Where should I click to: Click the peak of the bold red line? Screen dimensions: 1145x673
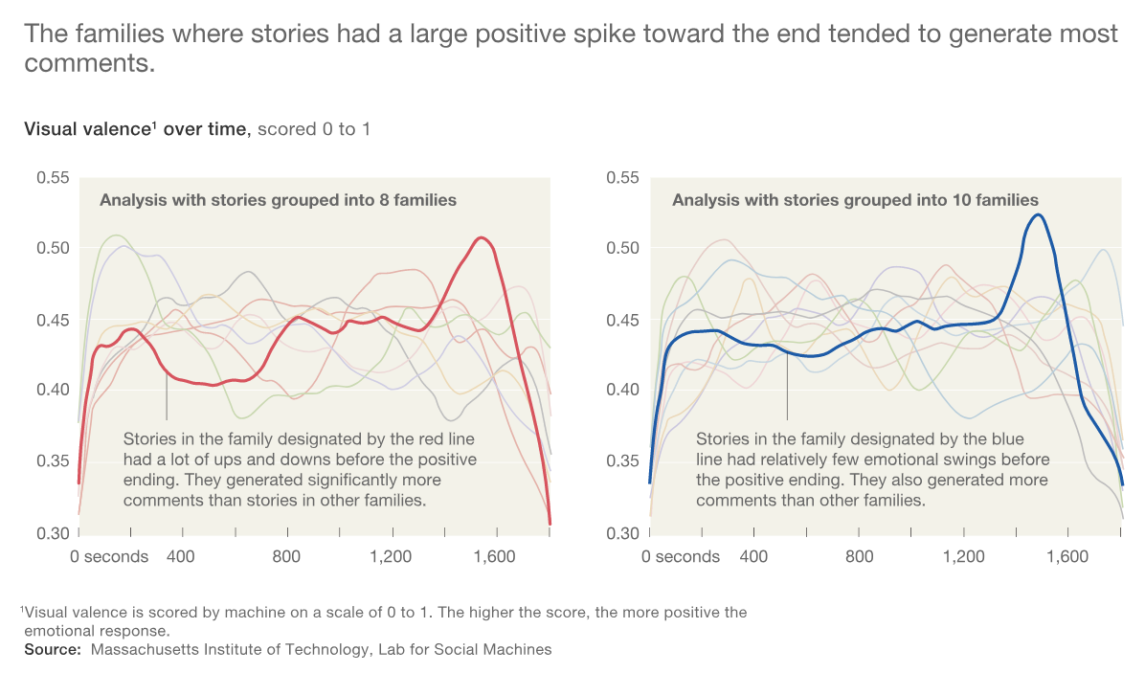pos(481,238)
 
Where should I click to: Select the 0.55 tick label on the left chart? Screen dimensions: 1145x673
pos(54,177)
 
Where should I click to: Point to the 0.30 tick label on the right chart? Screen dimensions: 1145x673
pos(623,533)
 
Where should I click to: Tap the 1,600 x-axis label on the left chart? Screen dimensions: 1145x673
pos(494,556)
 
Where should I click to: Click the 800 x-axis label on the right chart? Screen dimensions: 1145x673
pos(860,556)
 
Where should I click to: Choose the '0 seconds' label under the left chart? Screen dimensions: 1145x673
pos(109,556)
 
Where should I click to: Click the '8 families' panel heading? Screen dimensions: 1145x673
pos(279,200)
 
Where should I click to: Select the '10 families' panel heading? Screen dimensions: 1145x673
pos(855,200)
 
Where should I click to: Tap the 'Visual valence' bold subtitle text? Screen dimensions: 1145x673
pos(86,129)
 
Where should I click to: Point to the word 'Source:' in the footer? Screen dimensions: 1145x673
pos(53,650)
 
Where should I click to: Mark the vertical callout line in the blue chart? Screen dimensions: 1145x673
pos(787,386)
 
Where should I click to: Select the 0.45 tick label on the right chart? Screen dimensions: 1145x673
pos(623,320)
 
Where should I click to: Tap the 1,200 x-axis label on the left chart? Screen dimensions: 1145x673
pos(391,556)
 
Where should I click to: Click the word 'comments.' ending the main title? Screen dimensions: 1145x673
pos(90,63)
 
